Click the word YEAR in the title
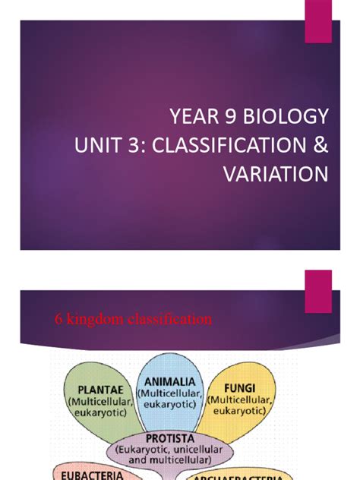(x=192, y=118)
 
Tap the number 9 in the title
(x=232, y=118)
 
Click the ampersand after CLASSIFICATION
(x=320, y=146)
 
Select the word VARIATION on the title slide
(x=276, y=174)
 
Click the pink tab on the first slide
(x=317, y=21)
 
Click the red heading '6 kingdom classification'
(x=133, y=319)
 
